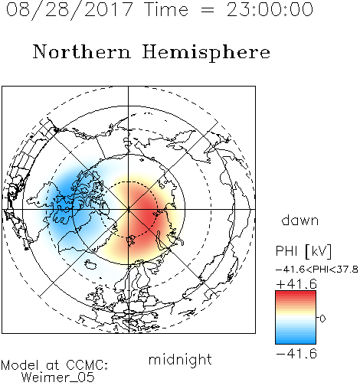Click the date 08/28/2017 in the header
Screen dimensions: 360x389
click(x=69, y=10)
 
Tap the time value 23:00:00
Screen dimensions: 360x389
click(x=270, y=9)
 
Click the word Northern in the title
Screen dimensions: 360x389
click(x=81, y=51)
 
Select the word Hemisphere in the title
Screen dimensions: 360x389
click(x=206, y=53)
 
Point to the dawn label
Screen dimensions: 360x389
click(x=299, y=220)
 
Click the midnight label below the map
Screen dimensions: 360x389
click(x=180, y=359)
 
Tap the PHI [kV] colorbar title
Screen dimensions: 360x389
click(x=303, y=251)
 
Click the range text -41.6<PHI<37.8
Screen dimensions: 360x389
click(x=317, y=270)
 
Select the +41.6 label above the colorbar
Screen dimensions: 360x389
click(x=296, y=284)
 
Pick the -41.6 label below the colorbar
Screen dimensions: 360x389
click(x=296, y=354)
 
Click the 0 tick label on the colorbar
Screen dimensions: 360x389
click(x=322, y=319)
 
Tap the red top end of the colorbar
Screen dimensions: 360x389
click(x=296, y=293)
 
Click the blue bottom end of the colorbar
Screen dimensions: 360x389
click(x=296, y=342)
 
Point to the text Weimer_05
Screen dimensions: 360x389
click(x=58, y=378)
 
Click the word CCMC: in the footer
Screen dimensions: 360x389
click(x=87, y=365)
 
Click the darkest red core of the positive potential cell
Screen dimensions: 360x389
click(x=147, y=214)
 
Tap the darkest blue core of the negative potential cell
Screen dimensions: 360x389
click(x=66, y=197)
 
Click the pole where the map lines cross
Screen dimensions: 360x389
click(x=129, y=210)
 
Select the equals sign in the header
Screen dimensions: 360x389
click(x=207, y=10)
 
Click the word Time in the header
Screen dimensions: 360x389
click(x=166, y=9)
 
